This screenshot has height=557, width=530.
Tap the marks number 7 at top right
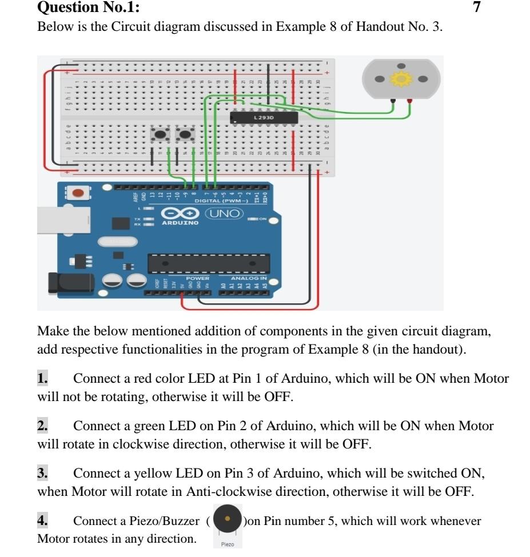pyautogui.click(x=477, y=7)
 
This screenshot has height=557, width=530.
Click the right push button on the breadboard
pyautogui.click(x=185, y=135)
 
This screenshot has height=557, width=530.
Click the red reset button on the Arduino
pyautogui.click(x=79, y=193)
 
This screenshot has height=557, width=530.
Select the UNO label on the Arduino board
pyautogui.click(x=225, y=213)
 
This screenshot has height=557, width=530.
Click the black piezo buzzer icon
pyautogui.click(x=228, y=518)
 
